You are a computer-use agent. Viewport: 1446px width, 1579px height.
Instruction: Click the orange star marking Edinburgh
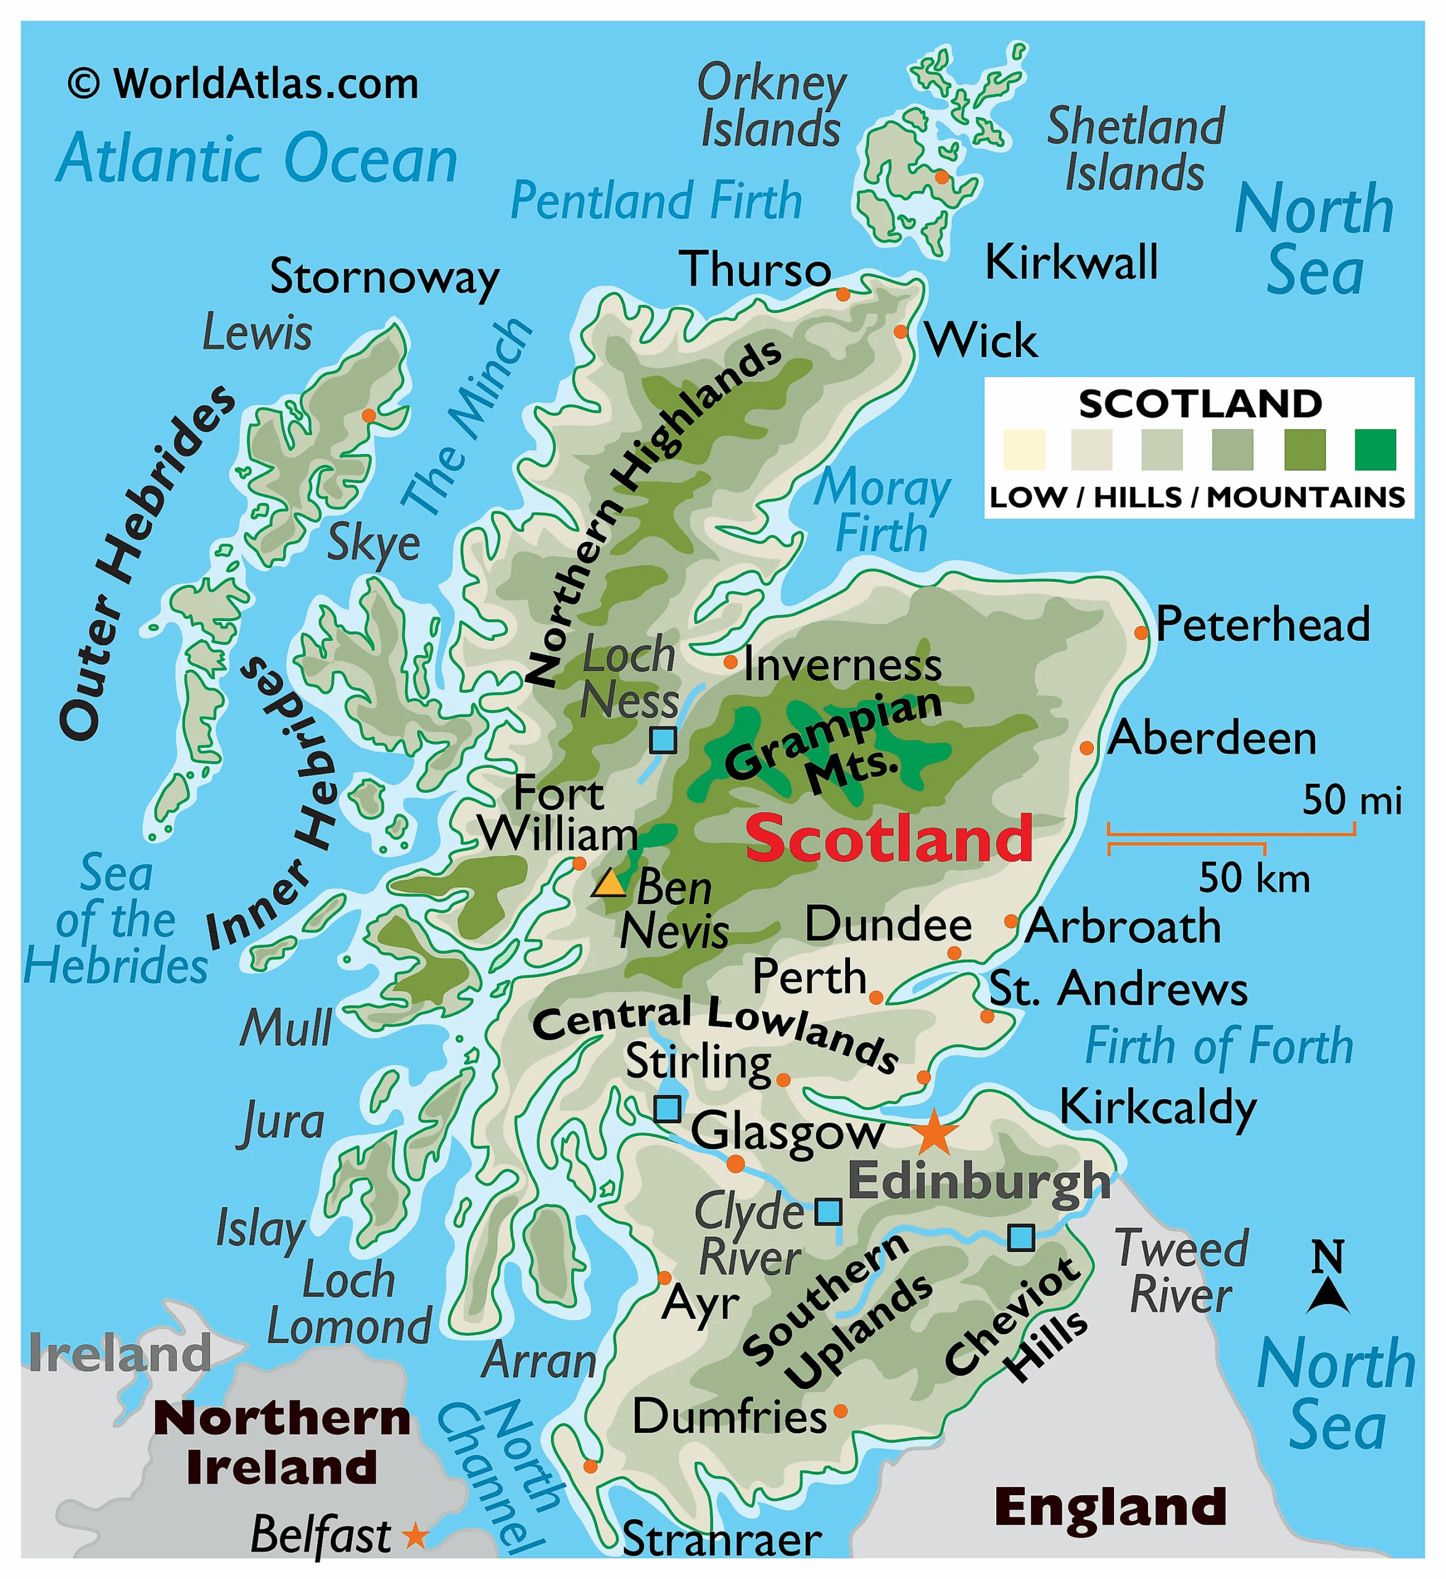pyautogui.click(x=934, y=1132)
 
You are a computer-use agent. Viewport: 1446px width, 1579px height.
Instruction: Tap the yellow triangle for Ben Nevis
pyautogui.click(x=609, y=883)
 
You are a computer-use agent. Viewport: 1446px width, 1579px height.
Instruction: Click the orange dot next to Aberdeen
pyautogui.click(x=1086, y=748)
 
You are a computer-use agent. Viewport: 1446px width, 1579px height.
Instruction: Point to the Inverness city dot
pyautogui.click(x=730, y=662)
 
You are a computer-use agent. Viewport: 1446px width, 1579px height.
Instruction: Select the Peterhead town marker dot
pyautogui.click(x=1141, y=632)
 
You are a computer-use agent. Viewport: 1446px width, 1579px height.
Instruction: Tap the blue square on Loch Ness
pyautogui.click(x=663, y=740)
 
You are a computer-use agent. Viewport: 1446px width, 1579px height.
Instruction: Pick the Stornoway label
pyautogui.click(x=384, y=278)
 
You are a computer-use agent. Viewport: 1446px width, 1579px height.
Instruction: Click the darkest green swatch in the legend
pyautogui.click(x=1374, y=450)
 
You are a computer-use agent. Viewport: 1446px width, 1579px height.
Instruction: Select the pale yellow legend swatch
pyautogui.click(x=1025, y=450)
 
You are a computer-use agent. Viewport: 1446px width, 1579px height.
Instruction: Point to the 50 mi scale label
pyautogui.click(x=1351, y=800)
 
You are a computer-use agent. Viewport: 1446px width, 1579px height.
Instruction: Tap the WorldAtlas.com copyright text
pyautogui.click(x=244, y=84)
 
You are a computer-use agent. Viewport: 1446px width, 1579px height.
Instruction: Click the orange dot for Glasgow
pyautogui.click(x=735, y=1163)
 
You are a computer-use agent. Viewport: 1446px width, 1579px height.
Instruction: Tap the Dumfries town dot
pyautogui.click(x=840, y=1411)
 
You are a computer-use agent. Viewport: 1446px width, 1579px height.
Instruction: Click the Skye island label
pyautogui.click(x=373, y=543)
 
